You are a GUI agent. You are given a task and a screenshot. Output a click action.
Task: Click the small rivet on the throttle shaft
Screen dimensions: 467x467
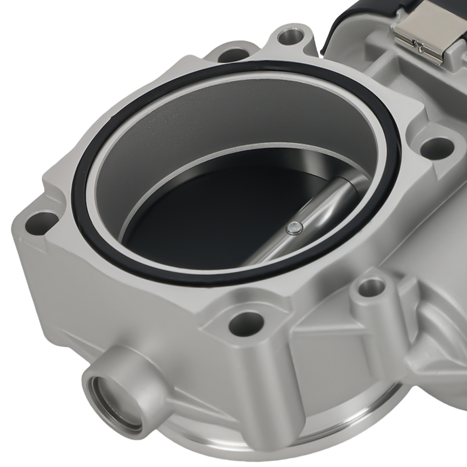[294, 227]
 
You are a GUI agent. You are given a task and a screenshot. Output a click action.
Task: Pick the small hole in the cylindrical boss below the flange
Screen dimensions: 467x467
[372, 286]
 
